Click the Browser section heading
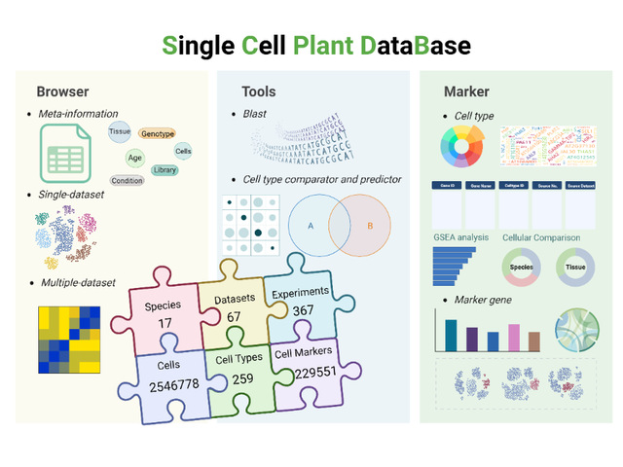62,92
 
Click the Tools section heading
258,92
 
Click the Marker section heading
466,92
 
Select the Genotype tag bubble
157,133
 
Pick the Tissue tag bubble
120,130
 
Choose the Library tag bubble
165,170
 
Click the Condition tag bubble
128,181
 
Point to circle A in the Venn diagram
311,225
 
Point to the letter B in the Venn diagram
369,225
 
